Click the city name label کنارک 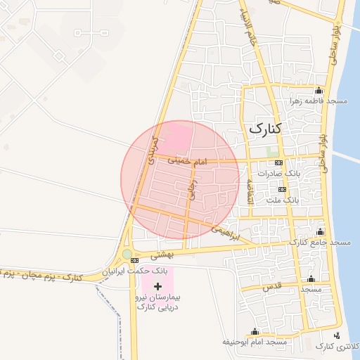point(264,129)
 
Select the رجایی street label point(191,190)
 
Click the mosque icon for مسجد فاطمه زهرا point(319,90)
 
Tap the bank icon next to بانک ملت point(283,189)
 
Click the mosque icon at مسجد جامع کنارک point(321,231)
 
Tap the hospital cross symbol point(157,286)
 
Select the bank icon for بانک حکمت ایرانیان point(135,260)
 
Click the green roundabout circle point(127,254)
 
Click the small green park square point(272,151)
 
